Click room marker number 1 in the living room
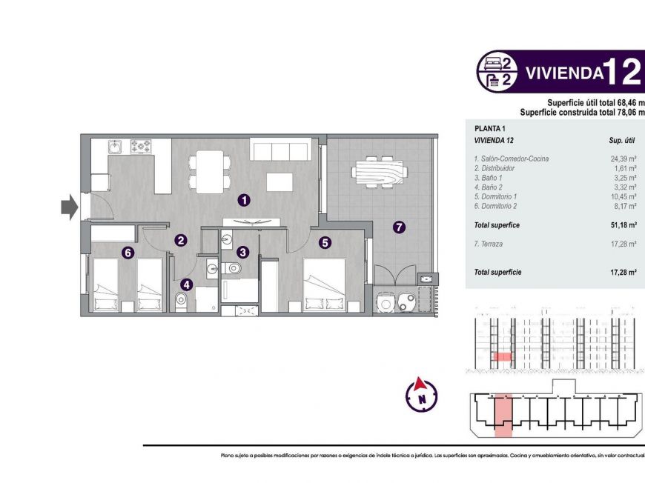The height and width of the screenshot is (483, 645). [244, 199]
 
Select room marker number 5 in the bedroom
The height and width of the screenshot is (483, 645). [325, 242]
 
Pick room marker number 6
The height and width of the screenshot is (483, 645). [128, 253]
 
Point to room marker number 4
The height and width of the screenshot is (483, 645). [185, 283]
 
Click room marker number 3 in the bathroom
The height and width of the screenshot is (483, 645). [242, 252]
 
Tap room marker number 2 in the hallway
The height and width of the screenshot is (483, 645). [181, 239]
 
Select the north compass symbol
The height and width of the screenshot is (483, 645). [421, 395]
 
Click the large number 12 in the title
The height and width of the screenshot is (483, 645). [621, 72]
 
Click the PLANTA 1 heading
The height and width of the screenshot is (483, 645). [489, 128]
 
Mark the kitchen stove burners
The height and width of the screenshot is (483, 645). [141, 145]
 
